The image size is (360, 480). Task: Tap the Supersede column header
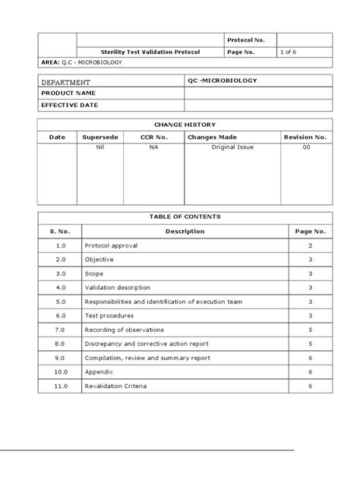tap(100, 137)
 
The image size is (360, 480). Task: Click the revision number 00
tap(306, 150)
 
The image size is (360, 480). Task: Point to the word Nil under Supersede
tap(100, 150)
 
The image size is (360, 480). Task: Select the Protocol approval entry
tap(112, 247)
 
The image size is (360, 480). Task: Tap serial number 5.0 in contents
tap(61, 302)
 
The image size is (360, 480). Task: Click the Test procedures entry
tap(111, 316)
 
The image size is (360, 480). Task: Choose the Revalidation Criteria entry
tap(116, 386)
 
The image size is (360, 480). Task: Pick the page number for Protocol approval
tap(310, 247)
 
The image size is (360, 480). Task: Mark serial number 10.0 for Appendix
tap(61, 372)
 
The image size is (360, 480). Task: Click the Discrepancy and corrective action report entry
tap(152, 344)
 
